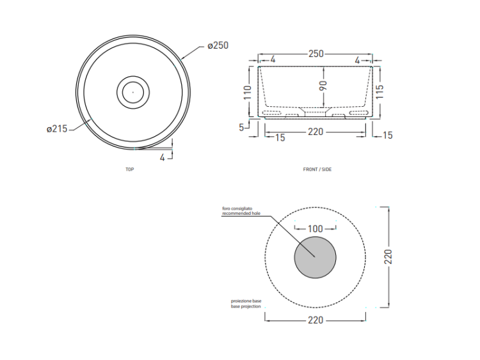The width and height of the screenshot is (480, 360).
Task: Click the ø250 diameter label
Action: pyautogui.click(x=218, y=45)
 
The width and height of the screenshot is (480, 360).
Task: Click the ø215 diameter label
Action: pyautogui.click(x=57, y=129)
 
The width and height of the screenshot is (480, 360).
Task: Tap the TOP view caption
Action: pyautogui.click(x=129, y=169)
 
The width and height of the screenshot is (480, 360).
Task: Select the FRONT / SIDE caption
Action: pyautogui.click(x=317, y=169)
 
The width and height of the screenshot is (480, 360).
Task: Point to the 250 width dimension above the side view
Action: pyautogui.click(x=316, y=54)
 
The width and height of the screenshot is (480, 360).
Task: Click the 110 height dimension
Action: pyautogui.click(x=247, y=92)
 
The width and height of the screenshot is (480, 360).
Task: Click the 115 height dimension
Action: pyautogui.click(x=380, y=92)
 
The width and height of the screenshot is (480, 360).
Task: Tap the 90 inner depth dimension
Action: pyautogui.click(x=323, y=86)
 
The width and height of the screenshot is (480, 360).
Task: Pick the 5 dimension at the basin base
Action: pyautogui.click(x=241, y=127)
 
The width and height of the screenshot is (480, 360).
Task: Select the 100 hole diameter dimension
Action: pyautogui.click(x=316, y=229)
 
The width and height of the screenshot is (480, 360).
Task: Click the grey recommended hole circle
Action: pyautogui.click(x=316, y=258)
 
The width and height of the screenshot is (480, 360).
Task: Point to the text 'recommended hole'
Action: pyautogui.click(x=241, y=213)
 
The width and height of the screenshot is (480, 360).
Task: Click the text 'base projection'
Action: pyautogui.click(x=246, y=306)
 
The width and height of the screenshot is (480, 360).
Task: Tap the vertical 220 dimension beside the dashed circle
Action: pyautogui.click(x=388, y=257)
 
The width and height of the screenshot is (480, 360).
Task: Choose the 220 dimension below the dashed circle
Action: pyautogui.click(x=316, y=320)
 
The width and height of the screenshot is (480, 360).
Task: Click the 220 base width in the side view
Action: pyautogui.click(x=316, y=132)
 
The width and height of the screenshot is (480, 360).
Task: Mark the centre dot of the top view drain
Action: pyautogui.click(x=133, y=92)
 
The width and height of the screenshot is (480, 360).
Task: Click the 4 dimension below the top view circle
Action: pyautogui.click(x=163, y=157)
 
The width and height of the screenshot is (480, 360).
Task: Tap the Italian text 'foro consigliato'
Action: pyautogui.click(x=237, y=208)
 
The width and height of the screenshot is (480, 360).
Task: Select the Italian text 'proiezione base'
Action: pyautogui.click(x=246, y=301)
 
